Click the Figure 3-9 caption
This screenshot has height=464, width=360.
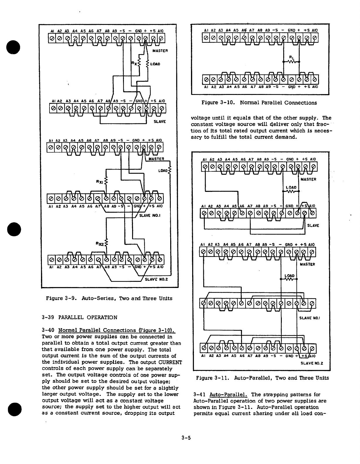point(109,298)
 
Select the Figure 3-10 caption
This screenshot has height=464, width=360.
point(259,103)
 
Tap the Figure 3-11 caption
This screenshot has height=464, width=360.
point(262,378)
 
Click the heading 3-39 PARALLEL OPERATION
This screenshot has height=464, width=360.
point(80,317)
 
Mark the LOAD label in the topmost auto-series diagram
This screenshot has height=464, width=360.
point(155,64)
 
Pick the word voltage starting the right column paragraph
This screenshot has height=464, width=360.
point(201,118)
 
